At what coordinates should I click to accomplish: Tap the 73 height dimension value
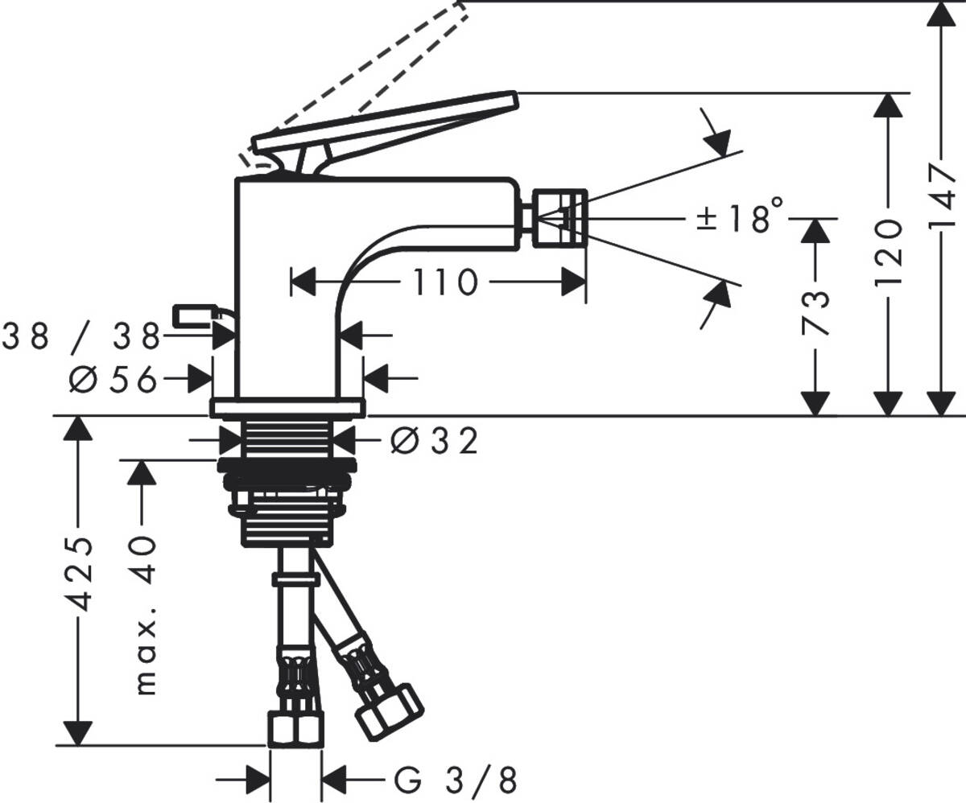815,311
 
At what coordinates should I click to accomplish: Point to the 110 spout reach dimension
445,282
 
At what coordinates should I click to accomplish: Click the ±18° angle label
739,217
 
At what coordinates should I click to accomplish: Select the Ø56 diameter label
113,379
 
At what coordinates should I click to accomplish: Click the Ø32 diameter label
434,440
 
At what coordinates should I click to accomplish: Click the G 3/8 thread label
455,779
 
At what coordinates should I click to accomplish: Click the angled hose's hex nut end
389,711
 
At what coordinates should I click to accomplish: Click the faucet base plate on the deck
287,407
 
